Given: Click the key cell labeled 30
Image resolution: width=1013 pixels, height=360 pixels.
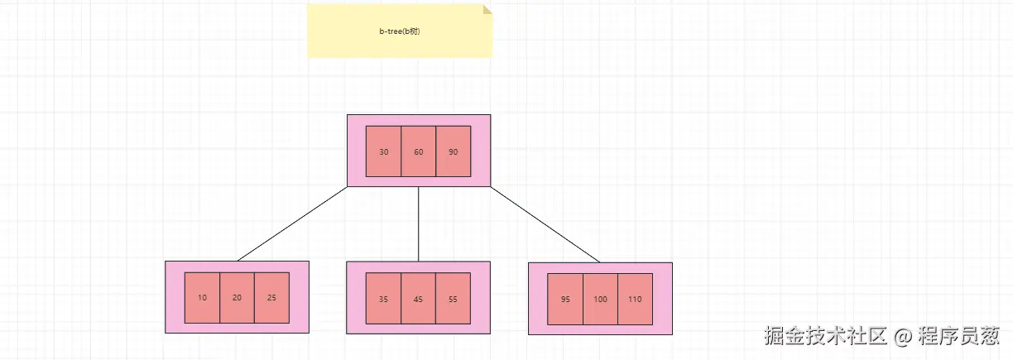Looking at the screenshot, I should coord(383,151).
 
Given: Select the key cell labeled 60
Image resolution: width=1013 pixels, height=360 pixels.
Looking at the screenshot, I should coord(418,151).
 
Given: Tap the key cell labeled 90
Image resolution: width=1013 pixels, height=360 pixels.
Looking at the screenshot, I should coord(454,151).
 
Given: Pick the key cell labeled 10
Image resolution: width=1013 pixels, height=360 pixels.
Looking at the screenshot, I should coord(202,298).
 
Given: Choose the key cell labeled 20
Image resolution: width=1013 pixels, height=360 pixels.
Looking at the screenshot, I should coord(237,298).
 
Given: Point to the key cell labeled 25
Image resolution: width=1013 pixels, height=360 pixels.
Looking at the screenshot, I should coord(271,298).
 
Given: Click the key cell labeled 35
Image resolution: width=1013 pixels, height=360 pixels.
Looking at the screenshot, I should coord(383,299).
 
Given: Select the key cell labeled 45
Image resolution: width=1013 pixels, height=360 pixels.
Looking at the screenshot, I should coord(418,299).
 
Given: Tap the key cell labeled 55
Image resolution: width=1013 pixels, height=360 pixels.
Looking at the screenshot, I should coord(453,299).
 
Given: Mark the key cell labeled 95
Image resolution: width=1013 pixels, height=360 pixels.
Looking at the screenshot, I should coord(564,299).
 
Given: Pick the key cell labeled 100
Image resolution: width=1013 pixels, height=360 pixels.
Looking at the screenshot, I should coord(600,299).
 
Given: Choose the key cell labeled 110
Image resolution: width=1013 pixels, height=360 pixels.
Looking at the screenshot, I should coord(635,299).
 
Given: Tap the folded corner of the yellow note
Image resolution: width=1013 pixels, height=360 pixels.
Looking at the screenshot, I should coord(487,8).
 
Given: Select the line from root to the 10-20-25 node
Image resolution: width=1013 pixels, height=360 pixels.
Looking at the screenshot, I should coord(292,224).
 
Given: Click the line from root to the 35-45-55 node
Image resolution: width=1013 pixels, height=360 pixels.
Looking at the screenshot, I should coord(418,224).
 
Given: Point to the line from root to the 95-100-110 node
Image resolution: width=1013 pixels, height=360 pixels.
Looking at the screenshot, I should coord(545,224).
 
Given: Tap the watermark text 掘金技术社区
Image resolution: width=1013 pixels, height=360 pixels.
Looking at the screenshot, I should coord(825,336).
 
